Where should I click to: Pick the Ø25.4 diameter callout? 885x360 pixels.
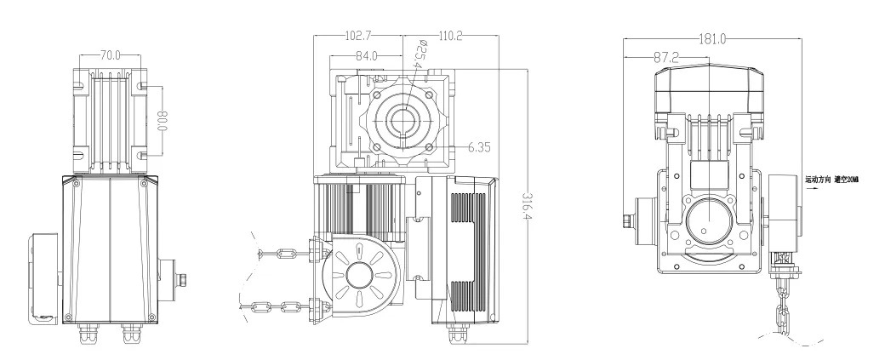pyautogui.click(x=418, y=54)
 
